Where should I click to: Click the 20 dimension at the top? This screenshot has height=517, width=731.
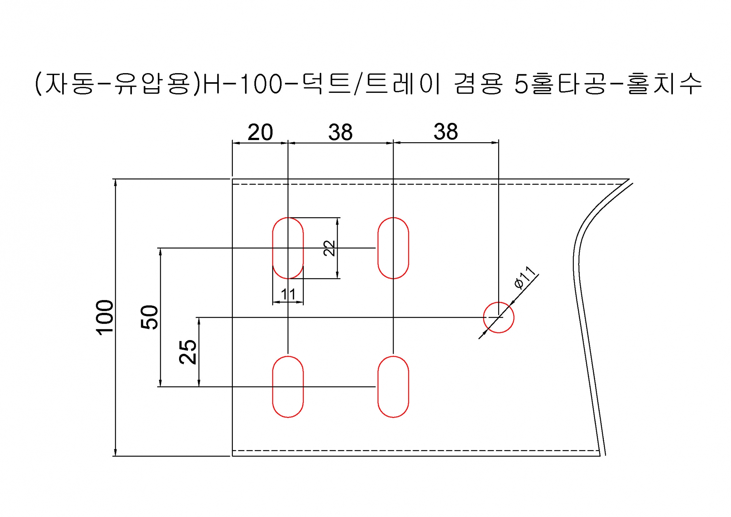(260, 132)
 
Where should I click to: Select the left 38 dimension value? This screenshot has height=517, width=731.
(340, 132)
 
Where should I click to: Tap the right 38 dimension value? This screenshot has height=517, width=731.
(446, 132)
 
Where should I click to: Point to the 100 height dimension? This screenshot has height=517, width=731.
(105, 317)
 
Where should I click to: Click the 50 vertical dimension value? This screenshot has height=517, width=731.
(149, 317)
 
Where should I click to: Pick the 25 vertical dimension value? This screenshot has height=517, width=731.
(188, 352)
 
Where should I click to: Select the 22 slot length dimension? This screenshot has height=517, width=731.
(329, 248)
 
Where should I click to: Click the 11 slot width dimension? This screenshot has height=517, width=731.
(288, 294)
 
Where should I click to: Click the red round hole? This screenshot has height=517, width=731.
(499, 302)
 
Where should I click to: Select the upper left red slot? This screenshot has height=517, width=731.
(273, 248)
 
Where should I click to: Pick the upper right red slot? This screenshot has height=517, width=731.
(378, 248)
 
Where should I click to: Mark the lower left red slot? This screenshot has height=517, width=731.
(273, 386)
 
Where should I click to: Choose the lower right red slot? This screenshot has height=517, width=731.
(378, 386)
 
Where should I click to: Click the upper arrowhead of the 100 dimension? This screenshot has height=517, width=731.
(115, 183)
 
